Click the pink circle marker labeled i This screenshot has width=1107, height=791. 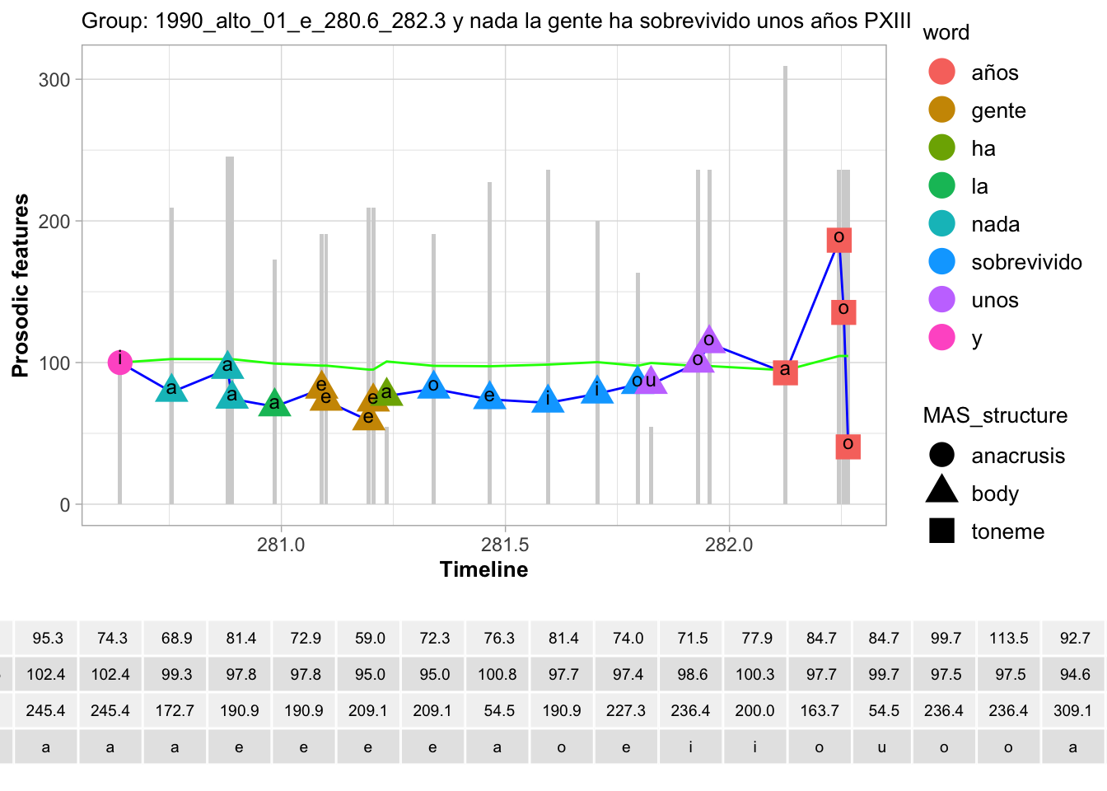[120, 362]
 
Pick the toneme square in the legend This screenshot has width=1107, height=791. [941, 531]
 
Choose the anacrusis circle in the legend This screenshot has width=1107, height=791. [941, 456]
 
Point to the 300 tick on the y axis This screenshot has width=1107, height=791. [54, 80]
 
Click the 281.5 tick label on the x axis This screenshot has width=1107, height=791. [505, 545]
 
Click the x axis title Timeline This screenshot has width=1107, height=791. [483, 569]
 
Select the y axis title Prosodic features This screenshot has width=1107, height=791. [21, 286]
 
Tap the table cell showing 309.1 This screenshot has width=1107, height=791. [1072, 710]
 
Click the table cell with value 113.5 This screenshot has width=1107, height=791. [1008, 639]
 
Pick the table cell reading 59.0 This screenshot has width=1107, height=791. [370, 639]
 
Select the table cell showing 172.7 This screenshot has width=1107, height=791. [175, 710]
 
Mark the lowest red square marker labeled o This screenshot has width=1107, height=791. [848, 446]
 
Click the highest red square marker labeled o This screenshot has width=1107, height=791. [838, 239]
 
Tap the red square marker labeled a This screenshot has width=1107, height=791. [785, 372]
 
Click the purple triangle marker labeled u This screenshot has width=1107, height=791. [652, 381]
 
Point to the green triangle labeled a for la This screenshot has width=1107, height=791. [274, 404]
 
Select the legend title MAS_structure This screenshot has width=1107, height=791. [995, 415]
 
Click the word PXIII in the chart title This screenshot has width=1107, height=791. [888, 21]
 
